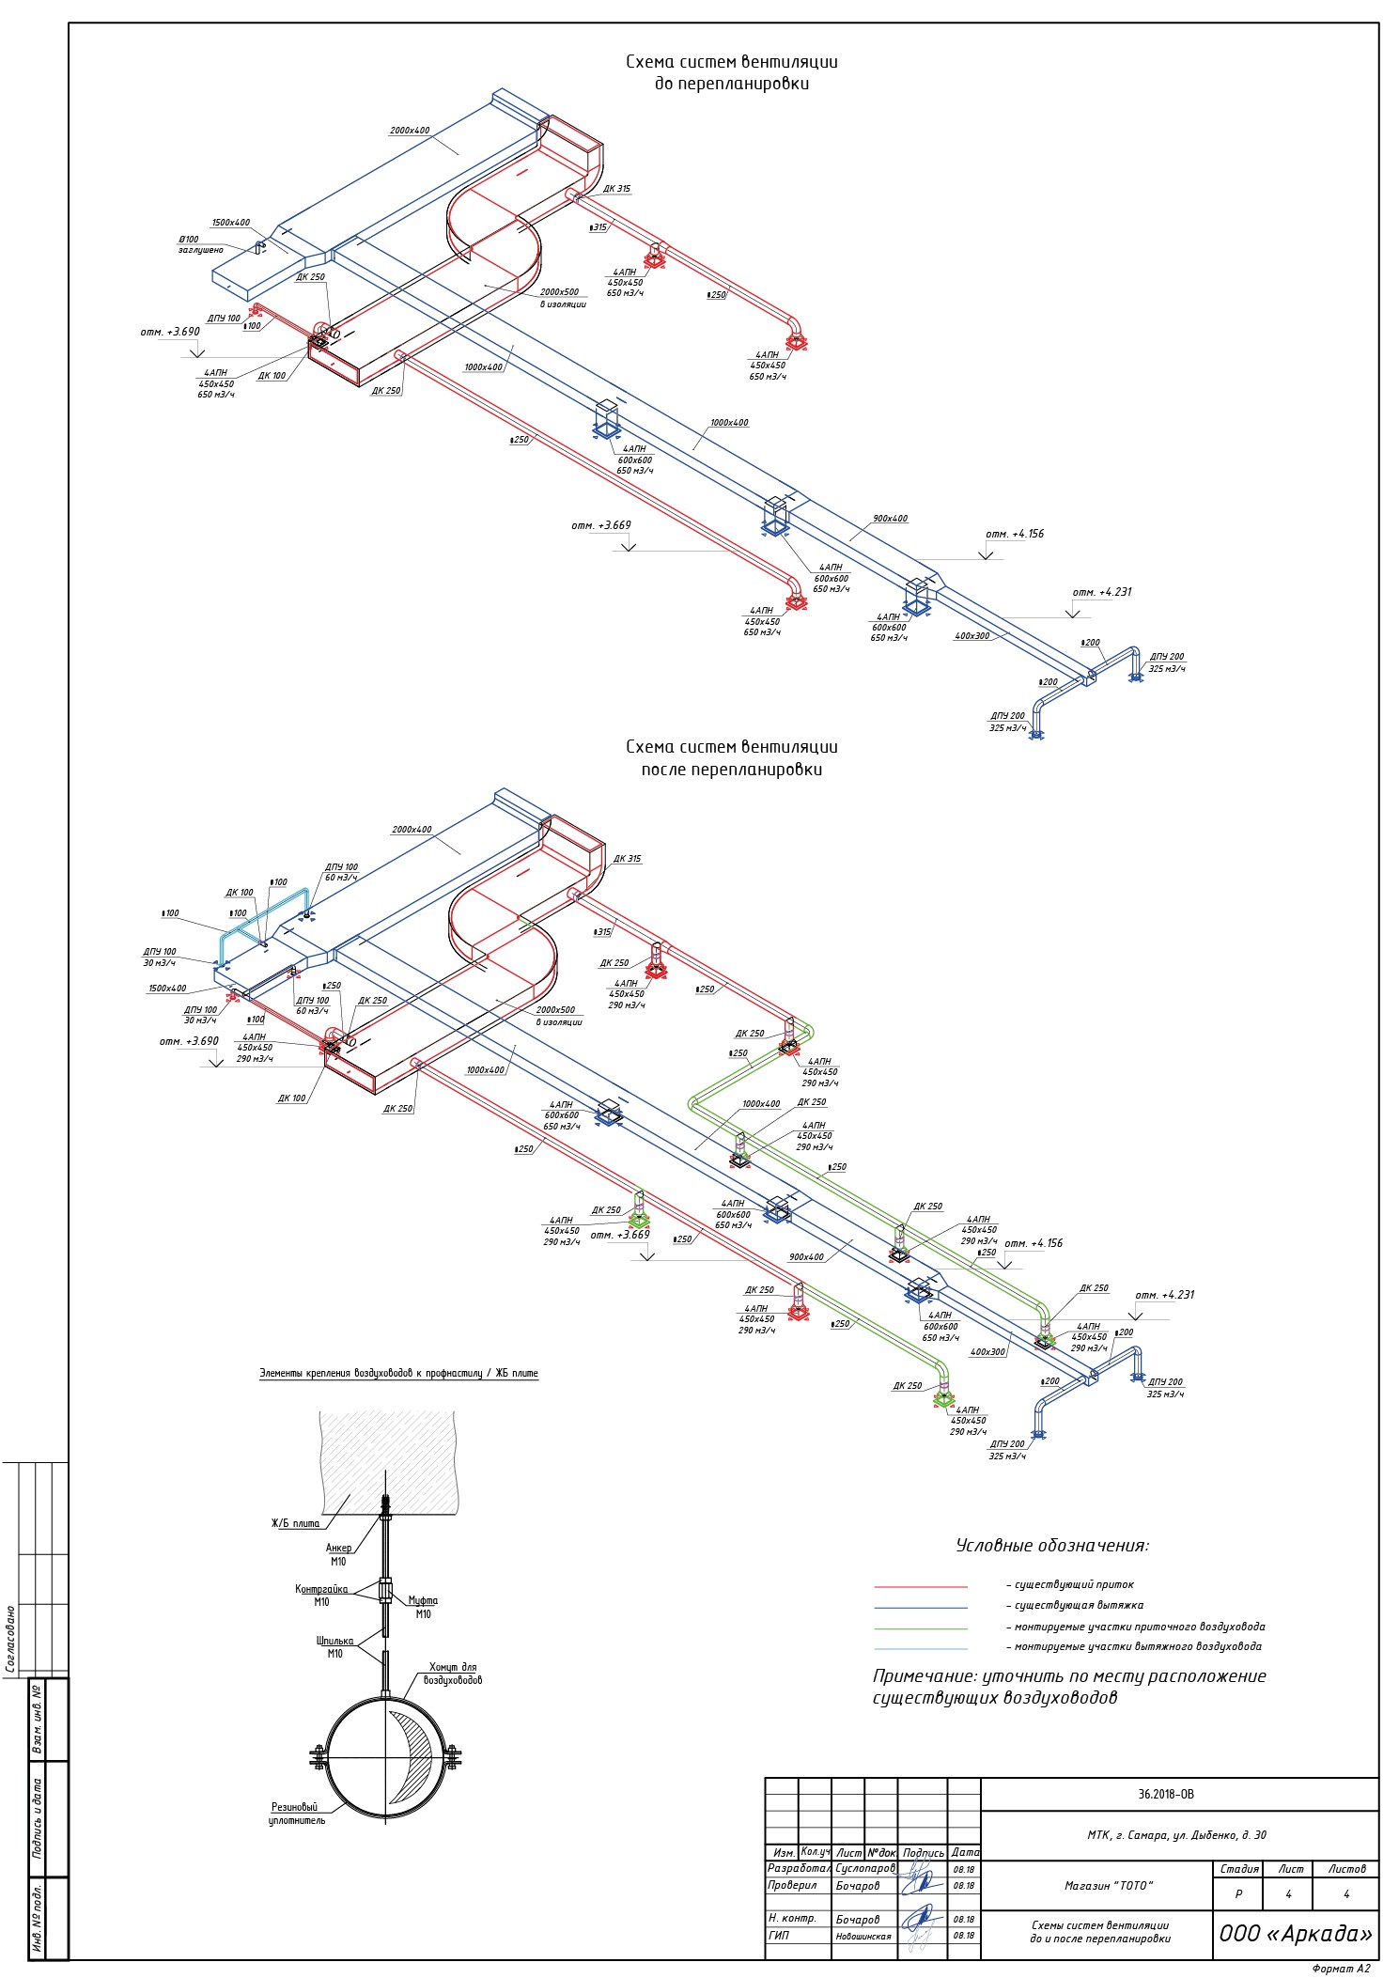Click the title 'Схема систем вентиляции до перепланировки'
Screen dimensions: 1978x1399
click(x=731, y=72)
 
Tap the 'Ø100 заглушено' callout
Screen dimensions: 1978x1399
click(x=200, y=244)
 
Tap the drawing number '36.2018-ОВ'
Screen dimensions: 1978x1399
click(x=1165, y=1794)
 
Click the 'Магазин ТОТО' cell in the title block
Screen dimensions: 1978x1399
click(x=1108, y=1885)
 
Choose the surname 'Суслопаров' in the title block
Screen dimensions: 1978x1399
click(x=864, y=1869)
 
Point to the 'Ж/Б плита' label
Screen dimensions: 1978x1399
click(x=295, y=1523)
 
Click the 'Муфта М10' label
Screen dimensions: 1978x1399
click(x=423, y=1607)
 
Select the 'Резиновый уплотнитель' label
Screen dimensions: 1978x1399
click(x=296, y=1813)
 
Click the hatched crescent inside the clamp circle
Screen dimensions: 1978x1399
click(x=413, y=1755)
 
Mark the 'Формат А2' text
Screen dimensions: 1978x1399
click(x=1341, y=1968)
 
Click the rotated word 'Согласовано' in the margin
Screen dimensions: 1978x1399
click(x=10, y=1639)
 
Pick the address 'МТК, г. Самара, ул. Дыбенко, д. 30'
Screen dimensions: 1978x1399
click(x=1176, y=1835)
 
